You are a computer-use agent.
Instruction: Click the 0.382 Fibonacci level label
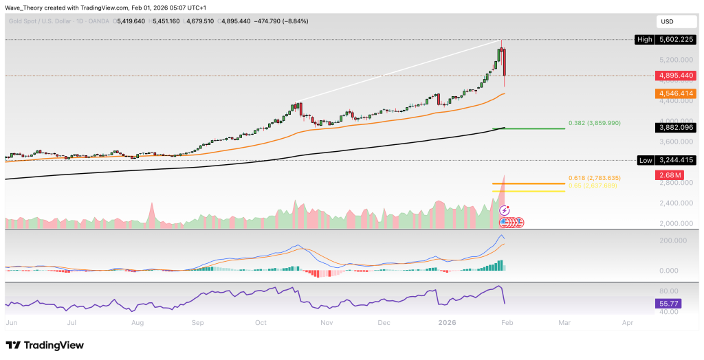coord(595,122)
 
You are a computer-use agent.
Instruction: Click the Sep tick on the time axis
coord(198,322)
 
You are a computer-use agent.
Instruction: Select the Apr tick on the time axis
coord(628,322)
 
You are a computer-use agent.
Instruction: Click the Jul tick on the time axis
coord(71,322)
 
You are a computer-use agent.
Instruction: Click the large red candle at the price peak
coord(505,62)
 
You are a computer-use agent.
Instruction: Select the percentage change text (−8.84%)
coord(294,21)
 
